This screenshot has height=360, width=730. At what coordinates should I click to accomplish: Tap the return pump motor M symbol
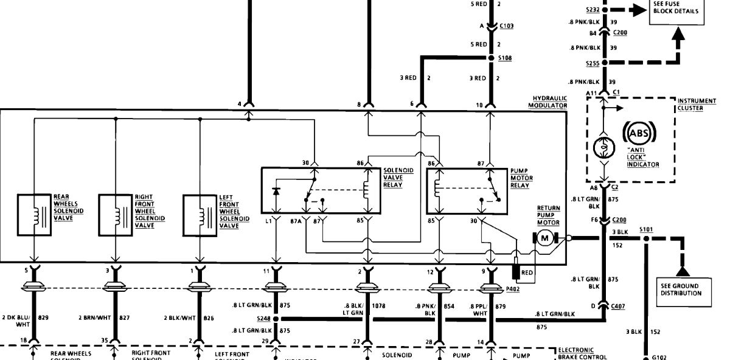(x=545, y=238)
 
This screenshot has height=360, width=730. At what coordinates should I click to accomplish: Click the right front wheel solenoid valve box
(x=116, y=215)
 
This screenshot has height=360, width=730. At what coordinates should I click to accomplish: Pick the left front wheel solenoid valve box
(x=200, y=215)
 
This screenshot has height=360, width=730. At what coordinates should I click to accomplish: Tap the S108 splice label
(x=506, y=58)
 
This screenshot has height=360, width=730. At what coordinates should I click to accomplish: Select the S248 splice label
(x=263, y=318)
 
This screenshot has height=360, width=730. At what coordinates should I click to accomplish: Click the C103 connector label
(x=506, y=27)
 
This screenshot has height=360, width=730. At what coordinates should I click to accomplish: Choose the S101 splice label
(x=646, y=230)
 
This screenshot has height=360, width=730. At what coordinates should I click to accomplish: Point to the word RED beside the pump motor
(x=527, y=272)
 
